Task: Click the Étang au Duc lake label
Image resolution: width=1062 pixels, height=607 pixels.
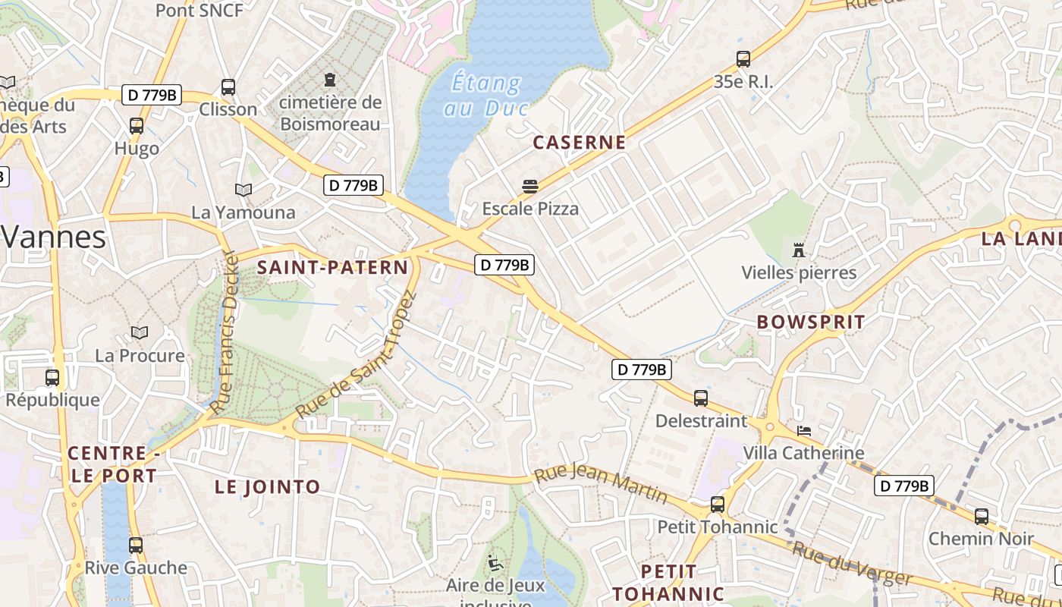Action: (486, 95)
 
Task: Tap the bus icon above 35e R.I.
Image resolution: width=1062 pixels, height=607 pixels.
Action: (743, 58)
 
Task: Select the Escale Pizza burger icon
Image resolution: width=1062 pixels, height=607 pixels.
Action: (529, 186)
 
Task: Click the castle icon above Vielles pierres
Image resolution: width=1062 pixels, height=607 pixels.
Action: (798, 250)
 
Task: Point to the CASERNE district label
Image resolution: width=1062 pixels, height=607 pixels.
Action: (580, 142)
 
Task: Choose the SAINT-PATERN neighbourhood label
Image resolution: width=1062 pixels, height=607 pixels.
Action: (333, 267)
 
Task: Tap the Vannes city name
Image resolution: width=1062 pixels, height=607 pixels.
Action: (53, 237)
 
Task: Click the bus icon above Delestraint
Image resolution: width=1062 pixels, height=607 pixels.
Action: (701, 398)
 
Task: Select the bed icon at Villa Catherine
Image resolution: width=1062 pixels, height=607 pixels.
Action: (804, 431)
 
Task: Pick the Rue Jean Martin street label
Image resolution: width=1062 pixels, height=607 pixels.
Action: (601, 486)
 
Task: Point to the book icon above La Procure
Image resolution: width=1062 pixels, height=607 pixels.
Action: (140, 332)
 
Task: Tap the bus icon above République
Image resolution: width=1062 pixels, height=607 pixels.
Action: (52, 377)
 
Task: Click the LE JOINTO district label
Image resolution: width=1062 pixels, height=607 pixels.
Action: (267, 487)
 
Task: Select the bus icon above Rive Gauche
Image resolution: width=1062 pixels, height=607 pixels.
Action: (136, 545)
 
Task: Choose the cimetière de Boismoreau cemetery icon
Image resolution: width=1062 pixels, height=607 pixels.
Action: (330, 79)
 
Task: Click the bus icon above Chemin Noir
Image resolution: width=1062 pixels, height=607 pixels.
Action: (981, 516)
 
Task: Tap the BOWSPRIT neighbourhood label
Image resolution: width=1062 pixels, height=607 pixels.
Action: (811, 322)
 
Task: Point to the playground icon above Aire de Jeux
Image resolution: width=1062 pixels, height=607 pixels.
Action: (495, 563)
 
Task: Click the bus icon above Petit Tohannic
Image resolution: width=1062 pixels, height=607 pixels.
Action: (717, 504)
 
